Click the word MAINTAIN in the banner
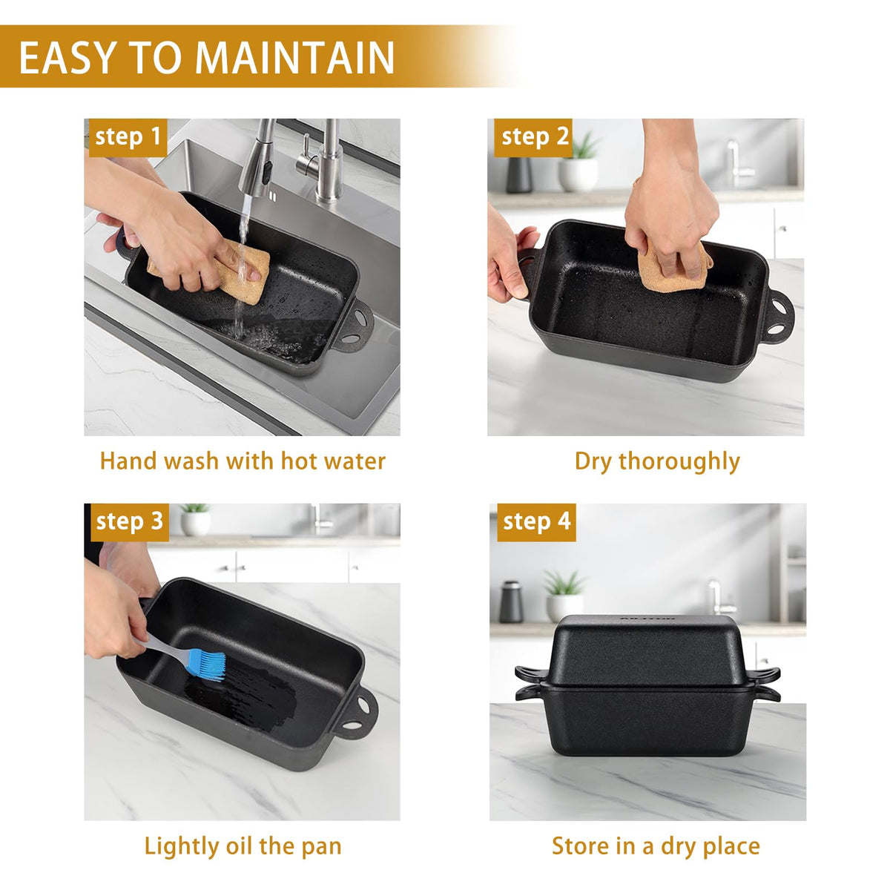click(294, 57)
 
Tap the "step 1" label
click(128, 138)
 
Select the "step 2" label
click(533, 138)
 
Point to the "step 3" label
click(129, 522)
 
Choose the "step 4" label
click(536, 522)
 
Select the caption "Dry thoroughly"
click(657, 462)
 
